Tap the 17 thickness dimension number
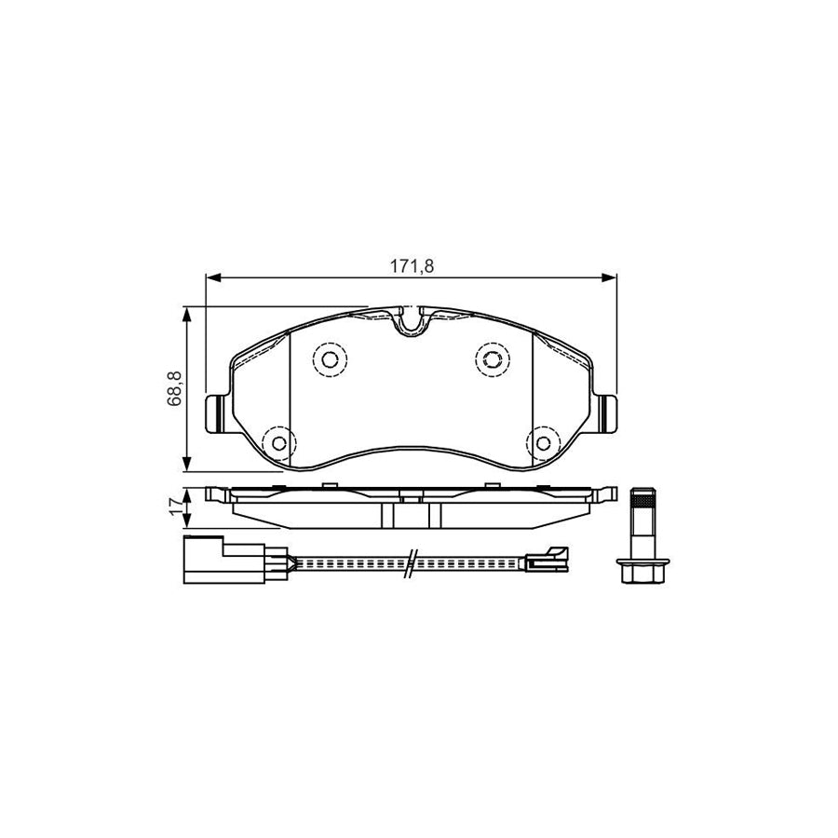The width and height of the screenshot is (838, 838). pos(174,508)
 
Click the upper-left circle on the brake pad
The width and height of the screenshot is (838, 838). pos(329,358)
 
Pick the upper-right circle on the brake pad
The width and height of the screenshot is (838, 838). pos(491,358)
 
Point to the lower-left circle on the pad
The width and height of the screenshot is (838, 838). pos(277,442)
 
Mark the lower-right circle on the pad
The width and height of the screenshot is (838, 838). pos(542,442)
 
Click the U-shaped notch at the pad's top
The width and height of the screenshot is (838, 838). pos(411,321)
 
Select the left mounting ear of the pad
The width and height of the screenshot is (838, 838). pos(213,412)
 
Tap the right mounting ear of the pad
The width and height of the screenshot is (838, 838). pos(609,412)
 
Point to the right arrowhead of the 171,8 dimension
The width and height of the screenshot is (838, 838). pos(611,277)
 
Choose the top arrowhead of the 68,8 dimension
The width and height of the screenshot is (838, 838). pos(189,316)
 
